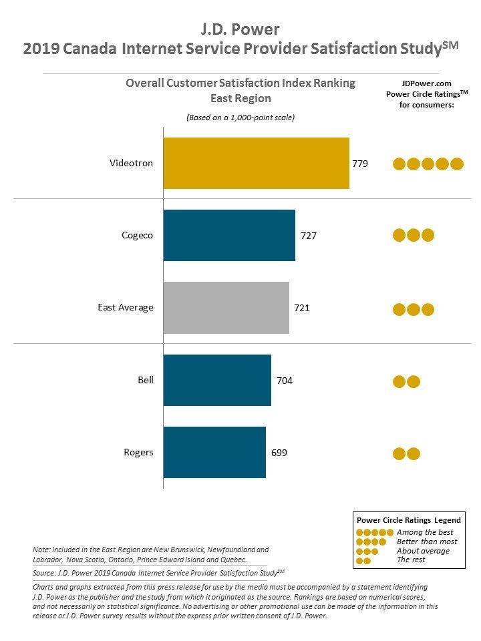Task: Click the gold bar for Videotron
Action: click(x=256, y=163)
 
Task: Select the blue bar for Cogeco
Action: click(x=229, y=235)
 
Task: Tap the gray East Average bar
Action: click(x=226, y=308)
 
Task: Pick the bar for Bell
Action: click(x=217, y=380)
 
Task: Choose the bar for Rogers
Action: click(x=214, y=452)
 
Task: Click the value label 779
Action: click(x=360, y=164)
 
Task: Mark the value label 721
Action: click(x=302, y=308)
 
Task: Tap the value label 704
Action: click(x=285, y=381)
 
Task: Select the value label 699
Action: click(x=279, y=453)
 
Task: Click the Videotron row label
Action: click(x=131, y=163)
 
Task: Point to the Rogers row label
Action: click(x=138, y=452)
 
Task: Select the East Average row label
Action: click(x=126, y=308)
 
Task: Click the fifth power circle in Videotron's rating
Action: click(x=456, y=164)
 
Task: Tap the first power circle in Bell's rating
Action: click(x=399, y=381)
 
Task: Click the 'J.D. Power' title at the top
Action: click(x=240, y=29)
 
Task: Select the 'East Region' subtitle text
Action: click(x=240, y=98)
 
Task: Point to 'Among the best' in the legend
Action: click(x=425, y=532)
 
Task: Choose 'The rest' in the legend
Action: click(x=411, y=560)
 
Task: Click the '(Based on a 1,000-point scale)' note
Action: click(x=240, y=118)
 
